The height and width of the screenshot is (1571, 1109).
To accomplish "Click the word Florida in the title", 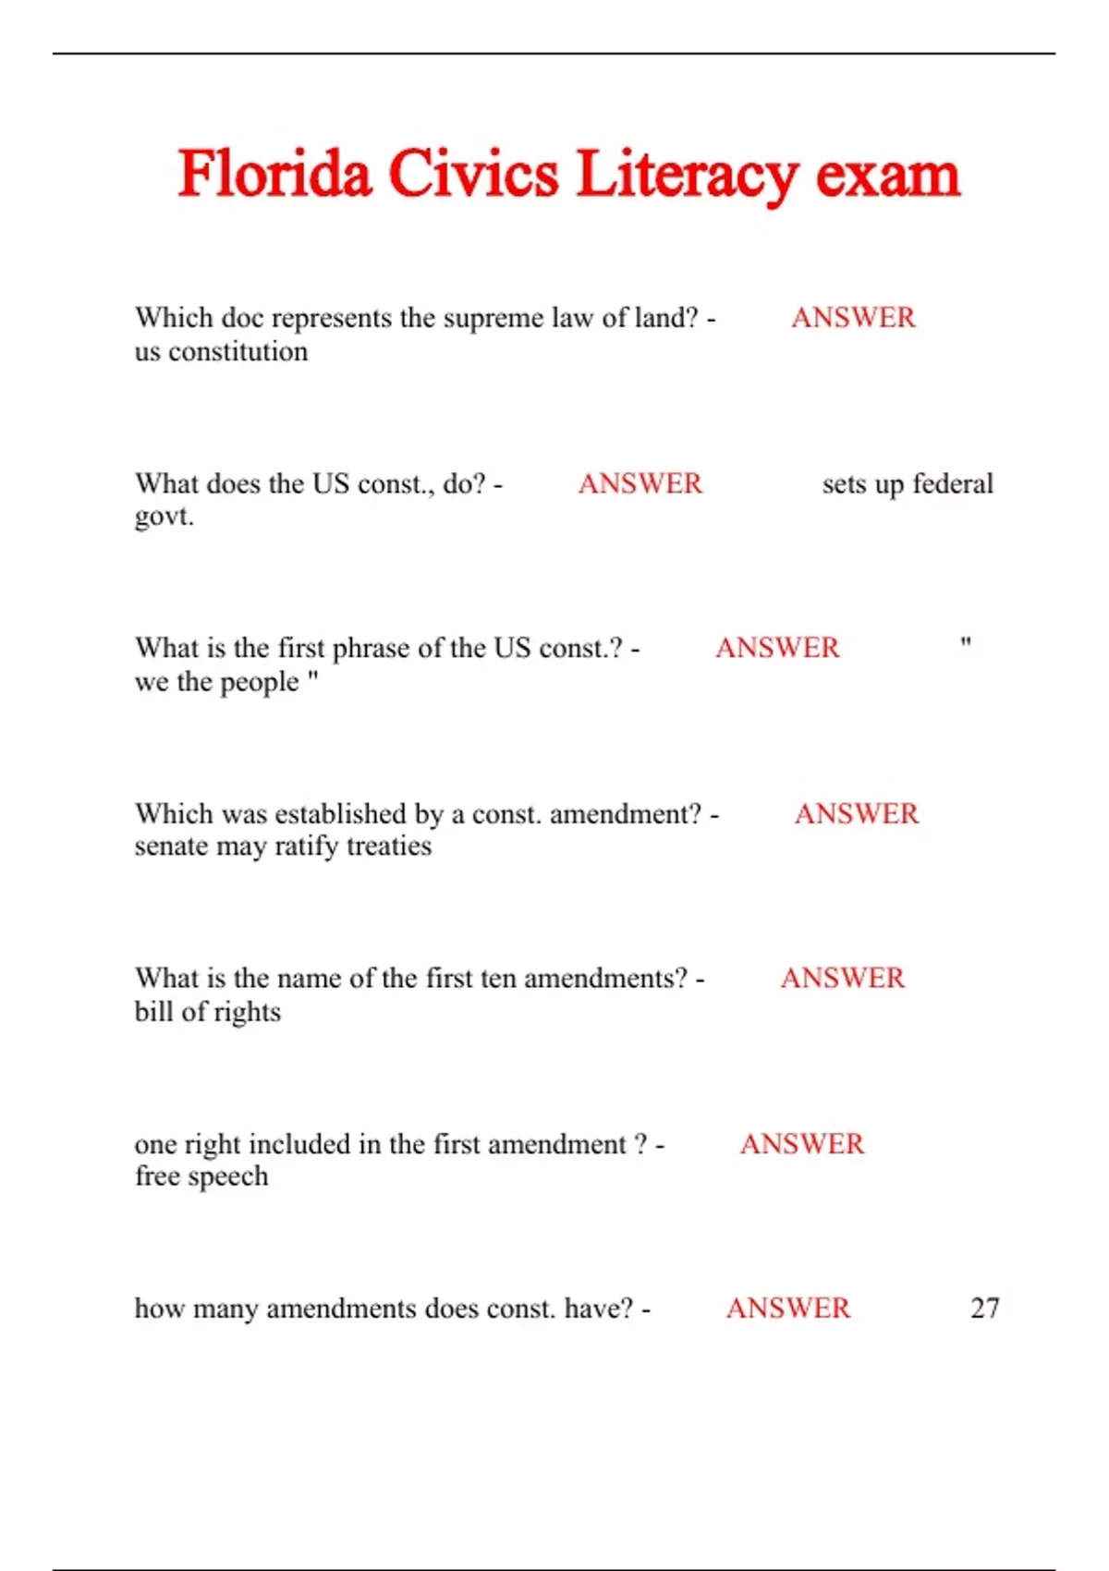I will click(274, 174).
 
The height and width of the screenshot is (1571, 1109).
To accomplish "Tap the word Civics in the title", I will click(473, 174).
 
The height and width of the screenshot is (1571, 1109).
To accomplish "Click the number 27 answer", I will click(984, 1308).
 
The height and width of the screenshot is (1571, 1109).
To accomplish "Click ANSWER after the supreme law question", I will click(853, 318).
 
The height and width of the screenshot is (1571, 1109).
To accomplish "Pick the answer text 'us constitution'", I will click(221, 352).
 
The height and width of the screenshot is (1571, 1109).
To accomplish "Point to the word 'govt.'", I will click(165, 516).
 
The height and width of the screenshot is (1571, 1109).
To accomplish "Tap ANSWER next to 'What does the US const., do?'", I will click(640, 483).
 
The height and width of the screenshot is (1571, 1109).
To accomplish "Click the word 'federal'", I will click(953, 483).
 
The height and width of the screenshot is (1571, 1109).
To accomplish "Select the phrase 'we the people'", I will click(218, 682).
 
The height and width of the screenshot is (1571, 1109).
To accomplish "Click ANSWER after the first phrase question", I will click(777, 648).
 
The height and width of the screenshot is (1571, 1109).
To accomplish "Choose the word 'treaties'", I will click(389, 846).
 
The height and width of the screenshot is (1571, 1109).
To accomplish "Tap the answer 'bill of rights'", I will click(208, 1012).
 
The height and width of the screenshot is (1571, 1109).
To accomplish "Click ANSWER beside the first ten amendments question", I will click(843, 978).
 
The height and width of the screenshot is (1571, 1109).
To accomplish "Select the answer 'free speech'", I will click(201, 1176).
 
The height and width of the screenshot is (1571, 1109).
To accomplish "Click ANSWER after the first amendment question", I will click(802, 1144).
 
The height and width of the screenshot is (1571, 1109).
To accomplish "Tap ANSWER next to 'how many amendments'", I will click(788, 1308).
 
